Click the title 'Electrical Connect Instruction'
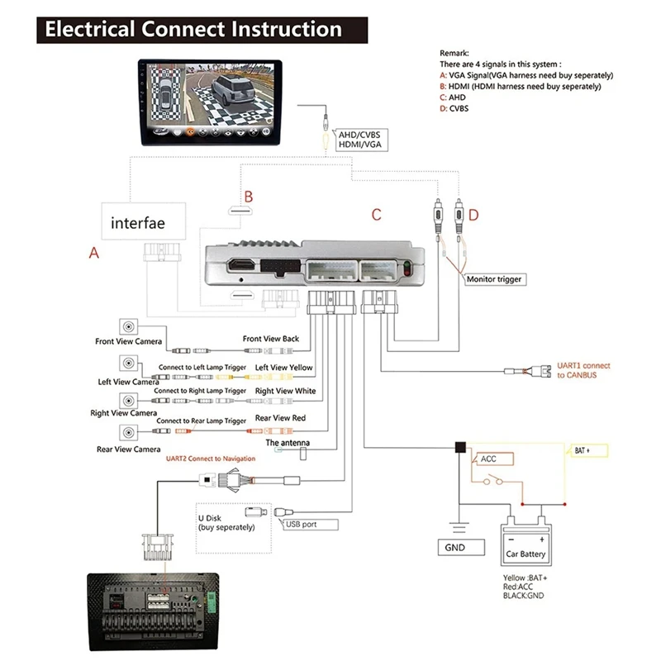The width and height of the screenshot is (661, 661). pyautogui.click(x=193, y=30)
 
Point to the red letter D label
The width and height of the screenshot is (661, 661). pyautogui.click(x=473, y=215)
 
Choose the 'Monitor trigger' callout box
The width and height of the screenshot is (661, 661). pyautogui.click(x=494, y=279)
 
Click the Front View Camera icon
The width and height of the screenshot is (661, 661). pyautogui.click(x=129, y=326)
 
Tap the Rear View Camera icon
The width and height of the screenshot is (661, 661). pyautogui.click(x=129, y=432)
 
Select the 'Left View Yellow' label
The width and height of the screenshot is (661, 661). pyautogui.click(x=283, y=367)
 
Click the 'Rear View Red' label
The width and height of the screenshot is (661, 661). pyautogui.click(x=280, y=418)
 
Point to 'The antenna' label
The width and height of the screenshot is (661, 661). pyautogui.click(x=288, y=444)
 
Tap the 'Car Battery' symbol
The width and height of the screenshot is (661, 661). pyautogui.click(x=526, y=538)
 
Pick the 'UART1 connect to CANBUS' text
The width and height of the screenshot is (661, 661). pyautogui.click(x=583, y=369)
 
